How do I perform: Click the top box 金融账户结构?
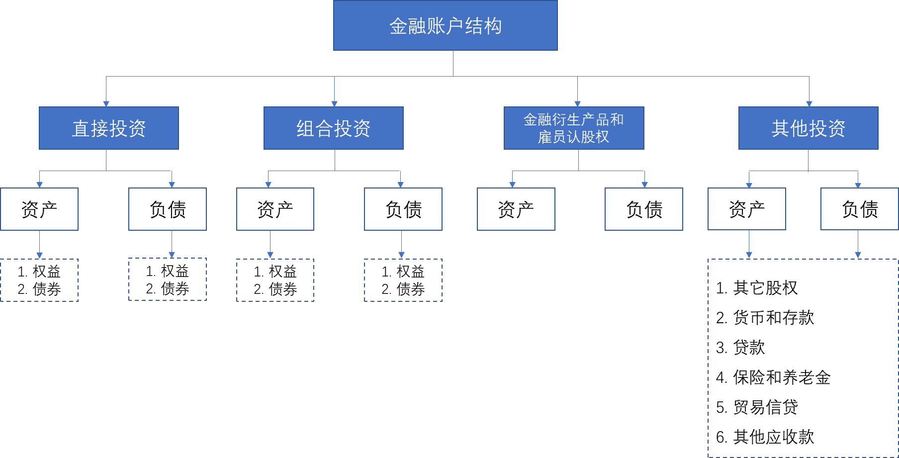445,25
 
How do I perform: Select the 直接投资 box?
109,128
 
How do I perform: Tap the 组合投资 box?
334,128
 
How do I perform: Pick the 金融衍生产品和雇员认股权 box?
574,128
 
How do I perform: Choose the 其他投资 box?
809,128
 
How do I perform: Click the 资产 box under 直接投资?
39,209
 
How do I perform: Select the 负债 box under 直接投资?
168,209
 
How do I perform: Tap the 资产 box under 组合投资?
275,209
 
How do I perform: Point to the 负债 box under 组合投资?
403,209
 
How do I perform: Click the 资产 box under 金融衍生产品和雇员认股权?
516,209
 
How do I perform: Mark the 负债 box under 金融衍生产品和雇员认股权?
644,209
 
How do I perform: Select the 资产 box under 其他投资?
747,209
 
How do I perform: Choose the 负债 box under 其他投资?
860,209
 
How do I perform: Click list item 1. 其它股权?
757,288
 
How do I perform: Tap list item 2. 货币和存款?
765,318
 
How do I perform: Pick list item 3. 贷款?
740,348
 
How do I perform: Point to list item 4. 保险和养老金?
773,377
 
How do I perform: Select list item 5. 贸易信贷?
757,407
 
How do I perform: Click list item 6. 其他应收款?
765,437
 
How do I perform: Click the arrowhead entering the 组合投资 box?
335,103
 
